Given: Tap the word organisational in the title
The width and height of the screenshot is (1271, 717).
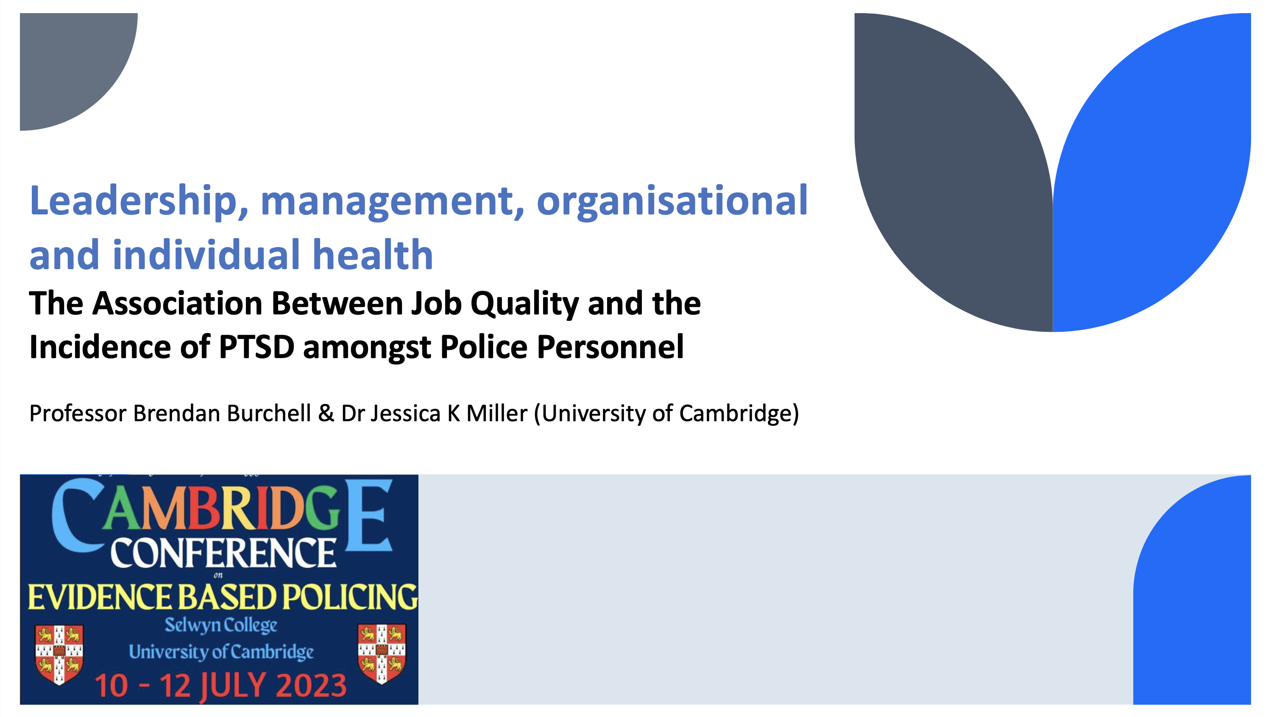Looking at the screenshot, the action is [672, 201].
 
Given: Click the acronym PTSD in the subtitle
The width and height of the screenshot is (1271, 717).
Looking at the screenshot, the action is [256, 347].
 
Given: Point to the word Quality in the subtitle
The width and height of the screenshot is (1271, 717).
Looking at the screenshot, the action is [524, 304].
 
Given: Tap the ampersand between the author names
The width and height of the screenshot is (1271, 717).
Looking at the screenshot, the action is [326, 413].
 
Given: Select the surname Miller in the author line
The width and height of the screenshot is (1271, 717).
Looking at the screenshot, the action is [497, 413].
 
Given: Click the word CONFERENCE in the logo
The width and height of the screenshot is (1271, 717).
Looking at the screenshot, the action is [223, 553].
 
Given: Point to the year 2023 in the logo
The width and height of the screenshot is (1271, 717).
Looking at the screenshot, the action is [311, 686].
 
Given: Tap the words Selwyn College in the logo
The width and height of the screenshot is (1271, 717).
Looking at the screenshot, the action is [220, 625].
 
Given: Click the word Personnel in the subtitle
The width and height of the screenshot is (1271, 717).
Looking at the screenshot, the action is [610, 347].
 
